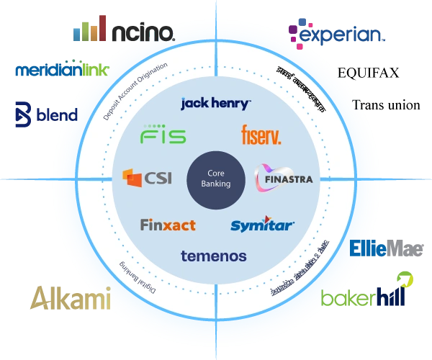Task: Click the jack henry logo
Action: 215,104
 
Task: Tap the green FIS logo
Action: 163,135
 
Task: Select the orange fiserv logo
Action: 261,134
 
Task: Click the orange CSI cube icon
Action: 132,176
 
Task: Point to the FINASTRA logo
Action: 284,178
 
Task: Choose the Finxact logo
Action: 167,225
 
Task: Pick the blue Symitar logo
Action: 262,225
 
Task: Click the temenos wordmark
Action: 214,256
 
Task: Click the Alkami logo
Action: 71,297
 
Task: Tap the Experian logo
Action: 336,33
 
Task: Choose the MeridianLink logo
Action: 60,71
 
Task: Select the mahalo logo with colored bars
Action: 122,32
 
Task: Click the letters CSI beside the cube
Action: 157,177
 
